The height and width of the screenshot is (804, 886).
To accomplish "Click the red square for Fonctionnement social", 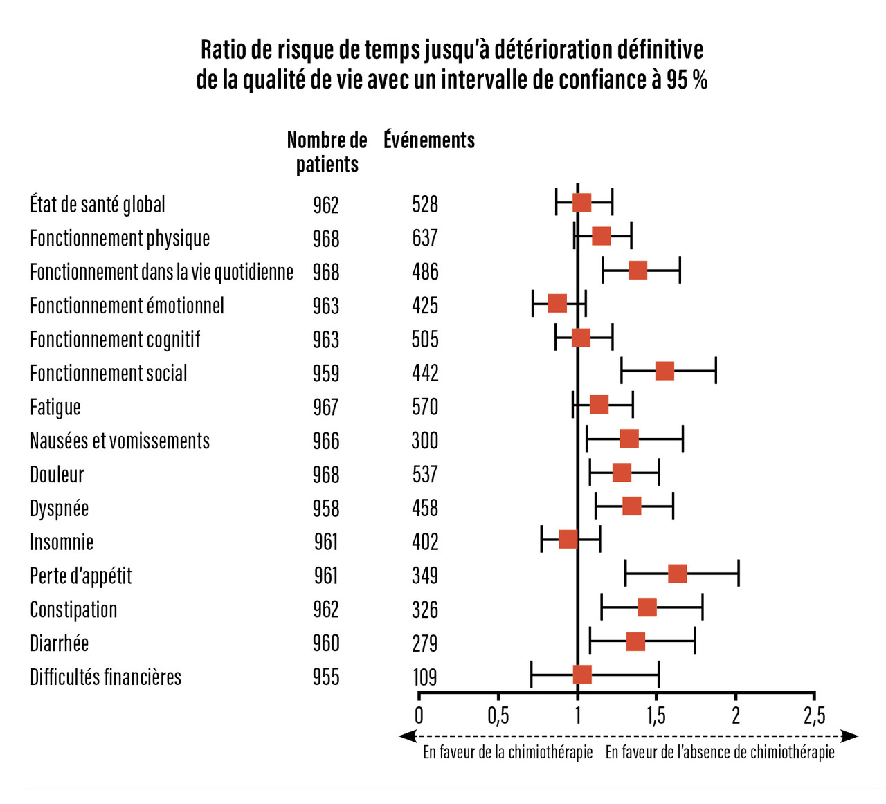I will [x=664, y=372].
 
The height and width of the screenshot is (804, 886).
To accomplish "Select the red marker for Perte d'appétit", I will [x=678, y=574].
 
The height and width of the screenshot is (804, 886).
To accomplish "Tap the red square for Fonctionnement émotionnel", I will [x=557, y=304].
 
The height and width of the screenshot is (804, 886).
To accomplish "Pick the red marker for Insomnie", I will [x=568, y=540].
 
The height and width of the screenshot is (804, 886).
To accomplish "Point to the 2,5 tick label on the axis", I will [x=815, y=715].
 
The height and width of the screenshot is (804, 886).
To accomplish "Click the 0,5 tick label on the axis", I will [x=498, y=715].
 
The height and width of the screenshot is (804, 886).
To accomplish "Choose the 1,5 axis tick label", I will [x=656, y=715].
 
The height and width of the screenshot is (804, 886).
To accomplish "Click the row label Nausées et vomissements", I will [x=120, y=441].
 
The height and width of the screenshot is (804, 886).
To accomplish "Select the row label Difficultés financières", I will [x=105, y=677].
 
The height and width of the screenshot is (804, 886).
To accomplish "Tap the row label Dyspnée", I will [x=60, y=509].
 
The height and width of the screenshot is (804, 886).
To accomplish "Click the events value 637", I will [x=425, y=238].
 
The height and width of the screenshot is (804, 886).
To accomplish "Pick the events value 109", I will [x=425, y=677].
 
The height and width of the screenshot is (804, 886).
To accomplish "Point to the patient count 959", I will [x=326, y=374].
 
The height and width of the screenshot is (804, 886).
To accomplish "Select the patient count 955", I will [x=326, y=677].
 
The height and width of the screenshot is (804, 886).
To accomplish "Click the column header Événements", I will [x=429, y=140].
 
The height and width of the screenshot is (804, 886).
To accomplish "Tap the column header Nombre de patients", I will [x=327, y=152].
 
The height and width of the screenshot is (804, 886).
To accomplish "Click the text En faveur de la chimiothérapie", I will [x=508, y=752].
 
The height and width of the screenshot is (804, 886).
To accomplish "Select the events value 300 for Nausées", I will [x=425, y=441].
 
